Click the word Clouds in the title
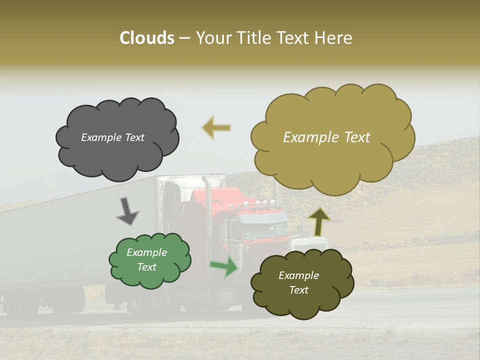click(x=147, y=38)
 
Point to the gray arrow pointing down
click(x=127, y=211)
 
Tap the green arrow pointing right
click(x=224, y=266)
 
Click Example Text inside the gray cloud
click(x=112, y=137)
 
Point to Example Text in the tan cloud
click(x=326, y=137)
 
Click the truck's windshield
click(x=264, y=230)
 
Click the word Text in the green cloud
click(x=147, y=267)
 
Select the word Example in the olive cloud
click(x=298, y=275)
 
